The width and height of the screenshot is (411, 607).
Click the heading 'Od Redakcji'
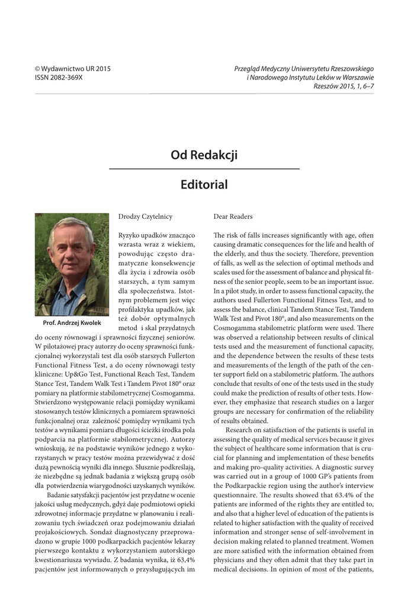pos(204,155)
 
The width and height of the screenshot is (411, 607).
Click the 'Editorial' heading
pos(204,184)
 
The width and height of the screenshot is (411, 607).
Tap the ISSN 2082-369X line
pos(59,78)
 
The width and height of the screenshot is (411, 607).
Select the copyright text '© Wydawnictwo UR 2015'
pos(73,69)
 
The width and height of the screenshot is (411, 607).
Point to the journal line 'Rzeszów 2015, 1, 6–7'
pos(344,87)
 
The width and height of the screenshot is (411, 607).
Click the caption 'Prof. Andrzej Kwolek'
pos(72,323)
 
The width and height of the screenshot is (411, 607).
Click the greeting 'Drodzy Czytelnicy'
pos(145,217)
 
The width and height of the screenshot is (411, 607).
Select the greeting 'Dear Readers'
pos(233,217)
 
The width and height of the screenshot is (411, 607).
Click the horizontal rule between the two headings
pos(204,169)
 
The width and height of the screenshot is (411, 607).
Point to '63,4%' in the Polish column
pos(184,560)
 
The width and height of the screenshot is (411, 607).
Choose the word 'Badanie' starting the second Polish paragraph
pos(62,495)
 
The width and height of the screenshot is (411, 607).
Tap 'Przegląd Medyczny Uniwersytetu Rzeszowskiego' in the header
pos(304,69)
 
